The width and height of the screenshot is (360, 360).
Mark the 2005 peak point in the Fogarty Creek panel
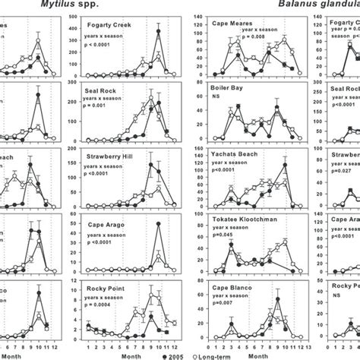(x=157, y=30)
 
